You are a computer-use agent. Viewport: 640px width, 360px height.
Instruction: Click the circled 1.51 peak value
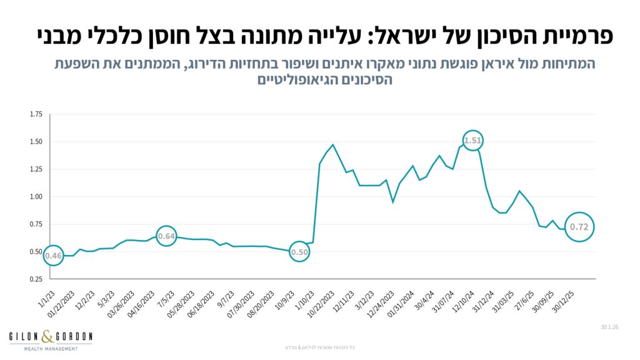pos(473,141)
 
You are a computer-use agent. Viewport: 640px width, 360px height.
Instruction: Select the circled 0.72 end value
pos(579,227)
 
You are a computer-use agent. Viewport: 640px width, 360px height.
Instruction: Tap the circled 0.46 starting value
pos(53,255)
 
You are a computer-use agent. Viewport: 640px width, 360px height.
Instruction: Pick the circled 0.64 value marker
pos(166,236)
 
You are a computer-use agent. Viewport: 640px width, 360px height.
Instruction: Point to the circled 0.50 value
pos(300,252)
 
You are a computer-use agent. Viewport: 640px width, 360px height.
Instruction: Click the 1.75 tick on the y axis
pos(36,114)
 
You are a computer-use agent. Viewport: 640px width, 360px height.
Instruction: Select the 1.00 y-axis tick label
pos(36,197)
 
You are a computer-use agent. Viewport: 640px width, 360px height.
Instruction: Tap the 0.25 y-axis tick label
pos(36,279)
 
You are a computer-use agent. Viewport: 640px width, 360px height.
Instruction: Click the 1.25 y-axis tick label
pos(36,169)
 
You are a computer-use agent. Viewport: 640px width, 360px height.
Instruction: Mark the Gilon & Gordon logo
pos(51,340)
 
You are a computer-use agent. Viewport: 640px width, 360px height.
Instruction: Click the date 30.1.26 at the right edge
pos(609,326)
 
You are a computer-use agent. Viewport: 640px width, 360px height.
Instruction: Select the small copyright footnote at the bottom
pos(319,347)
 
